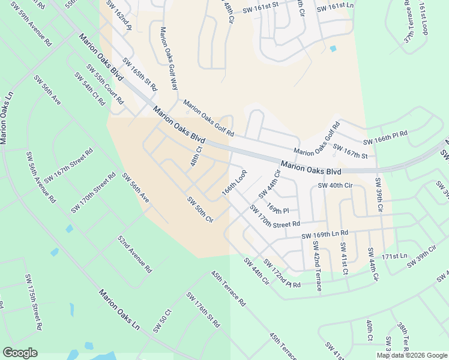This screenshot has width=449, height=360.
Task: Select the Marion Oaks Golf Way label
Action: (x=169, y=58)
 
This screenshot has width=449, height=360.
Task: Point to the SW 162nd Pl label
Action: (x=119, y=16)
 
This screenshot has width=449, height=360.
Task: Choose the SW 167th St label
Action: (x=350, y=151)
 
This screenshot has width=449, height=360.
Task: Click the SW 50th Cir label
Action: (x=200, y=209)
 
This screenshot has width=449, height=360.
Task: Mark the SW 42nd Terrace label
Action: (x=317, y=265)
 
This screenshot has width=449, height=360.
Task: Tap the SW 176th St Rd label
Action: (x=203, y=310)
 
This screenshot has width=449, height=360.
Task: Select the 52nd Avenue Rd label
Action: (x=134, y=253)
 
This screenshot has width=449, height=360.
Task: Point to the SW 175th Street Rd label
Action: (x=34, y=303)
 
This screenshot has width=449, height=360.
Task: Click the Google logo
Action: (x=20, y=353)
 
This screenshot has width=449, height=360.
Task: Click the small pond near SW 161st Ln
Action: (x=333, y=49)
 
